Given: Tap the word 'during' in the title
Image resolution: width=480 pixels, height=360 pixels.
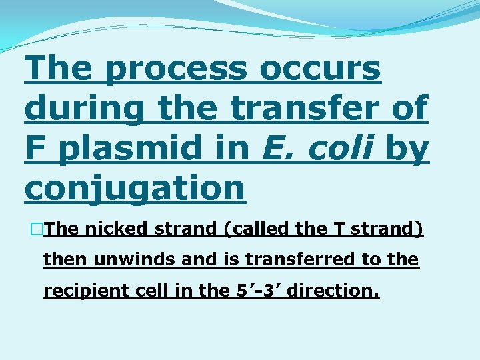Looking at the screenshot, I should point(83,109).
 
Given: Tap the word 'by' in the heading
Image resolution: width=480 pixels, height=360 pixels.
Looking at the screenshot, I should point(407,151).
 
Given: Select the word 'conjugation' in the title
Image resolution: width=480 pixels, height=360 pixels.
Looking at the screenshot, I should point(135,189).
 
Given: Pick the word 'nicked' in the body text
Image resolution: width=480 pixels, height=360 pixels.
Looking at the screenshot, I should point(117,229).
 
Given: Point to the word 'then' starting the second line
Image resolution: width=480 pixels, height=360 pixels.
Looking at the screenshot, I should point(58,259).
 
